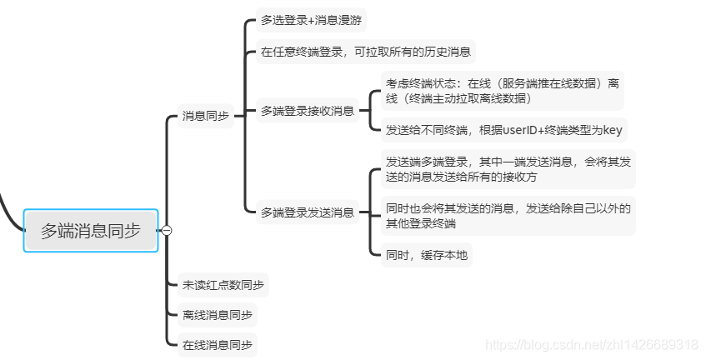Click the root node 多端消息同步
[91, 230]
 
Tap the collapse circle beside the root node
[167, 231]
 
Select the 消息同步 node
[205, 116]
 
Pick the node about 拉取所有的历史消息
[366, 52]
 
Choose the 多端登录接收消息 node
[307, 110]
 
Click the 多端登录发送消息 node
[307, 212]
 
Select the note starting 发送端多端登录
[508, 169]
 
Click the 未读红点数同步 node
[223, 285]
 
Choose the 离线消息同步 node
[217, 315]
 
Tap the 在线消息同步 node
[217, 344]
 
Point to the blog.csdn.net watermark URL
[591, 344]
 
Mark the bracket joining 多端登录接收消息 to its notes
[370, 110]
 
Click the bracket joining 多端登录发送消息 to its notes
[370, 212]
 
